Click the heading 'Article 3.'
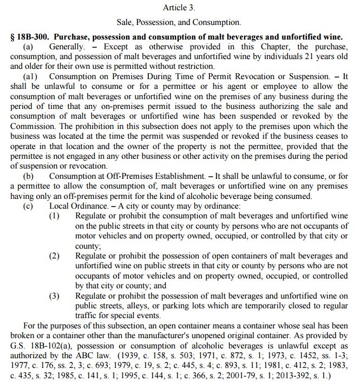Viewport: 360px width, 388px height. tap(179, 8)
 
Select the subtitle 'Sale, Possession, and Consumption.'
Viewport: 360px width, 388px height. tap(179, 23)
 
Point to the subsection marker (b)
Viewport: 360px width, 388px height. tap(28, 177)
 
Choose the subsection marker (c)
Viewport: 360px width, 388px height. tap(28, 206)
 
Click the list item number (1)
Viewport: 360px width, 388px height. tap(55, 216)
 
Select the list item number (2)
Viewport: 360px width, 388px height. tap(55, 256)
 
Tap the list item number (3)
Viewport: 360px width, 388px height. tap(55, 296)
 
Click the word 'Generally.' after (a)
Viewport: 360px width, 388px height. tap(67, 47)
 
